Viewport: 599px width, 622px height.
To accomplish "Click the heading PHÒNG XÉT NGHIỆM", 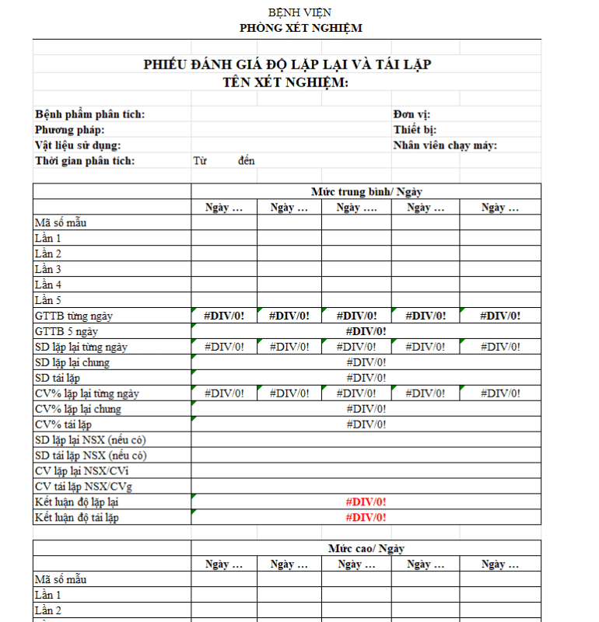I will (x=299, y=28).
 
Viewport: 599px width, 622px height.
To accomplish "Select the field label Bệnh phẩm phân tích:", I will (x=89, y=114).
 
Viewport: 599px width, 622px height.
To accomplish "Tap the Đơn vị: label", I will (x=412, y=114).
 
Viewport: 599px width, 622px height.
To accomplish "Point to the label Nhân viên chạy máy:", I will (x=445, y=145).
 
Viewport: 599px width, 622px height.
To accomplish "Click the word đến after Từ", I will (x=247, y=161).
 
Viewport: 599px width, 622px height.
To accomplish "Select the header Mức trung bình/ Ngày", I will (x=366, y=191).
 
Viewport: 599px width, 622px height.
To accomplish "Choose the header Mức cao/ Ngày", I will (x=366, y=548).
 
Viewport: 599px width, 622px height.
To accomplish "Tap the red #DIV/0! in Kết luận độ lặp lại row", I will (x=366, y=502).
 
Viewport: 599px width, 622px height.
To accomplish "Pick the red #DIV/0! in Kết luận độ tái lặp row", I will (x=366, y=518).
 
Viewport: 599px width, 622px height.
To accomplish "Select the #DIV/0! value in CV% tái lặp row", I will (x=366, y=425).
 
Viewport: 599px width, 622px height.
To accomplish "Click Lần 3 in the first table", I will (x=48, y=269).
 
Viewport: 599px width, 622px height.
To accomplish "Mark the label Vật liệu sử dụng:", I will (x=78, y=145).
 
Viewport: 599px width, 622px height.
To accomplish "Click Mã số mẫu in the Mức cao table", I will (x=61, y=579).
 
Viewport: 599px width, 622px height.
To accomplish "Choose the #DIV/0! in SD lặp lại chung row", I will (x=366, y=362).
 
